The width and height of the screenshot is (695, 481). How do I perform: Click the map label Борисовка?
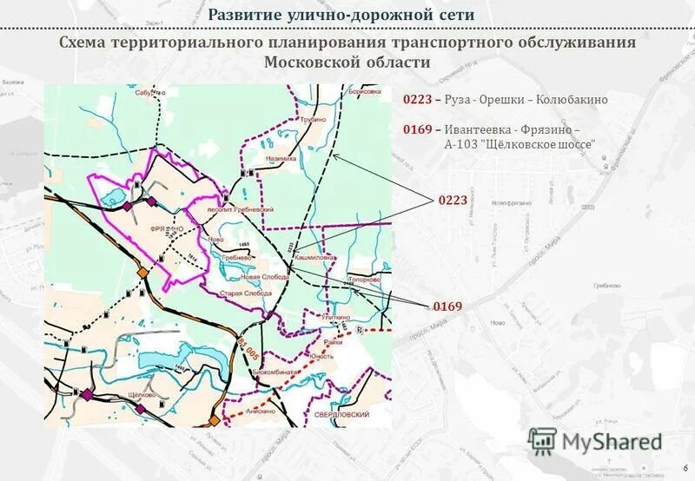click(363, 91)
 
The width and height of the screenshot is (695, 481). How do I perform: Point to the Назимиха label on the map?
click(281, 159)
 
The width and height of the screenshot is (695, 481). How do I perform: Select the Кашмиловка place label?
click(314, 258)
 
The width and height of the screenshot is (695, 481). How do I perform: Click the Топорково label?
click(363, 280)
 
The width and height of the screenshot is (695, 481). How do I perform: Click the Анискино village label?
click(261, 410)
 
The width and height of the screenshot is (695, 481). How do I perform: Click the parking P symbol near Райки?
click(359, 332)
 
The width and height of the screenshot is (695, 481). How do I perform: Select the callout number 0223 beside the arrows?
click(452, 200)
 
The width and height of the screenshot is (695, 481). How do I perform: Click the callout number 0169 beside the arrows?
click(447, 306)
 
